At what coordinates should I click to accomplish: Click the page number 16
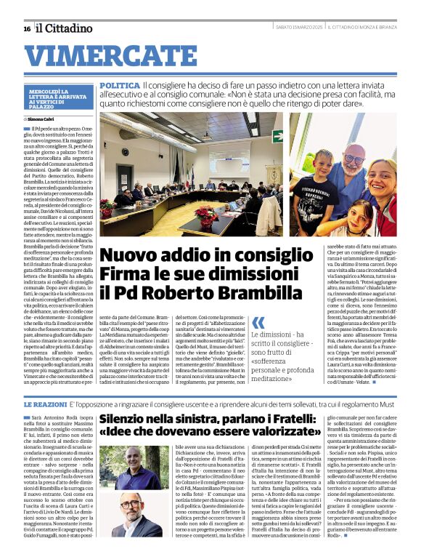coord(27,28)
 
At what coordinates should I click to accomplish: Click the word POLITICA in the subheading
coord(120,86)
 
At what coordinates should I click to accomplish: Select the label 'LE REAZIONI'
coord(46,403)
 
